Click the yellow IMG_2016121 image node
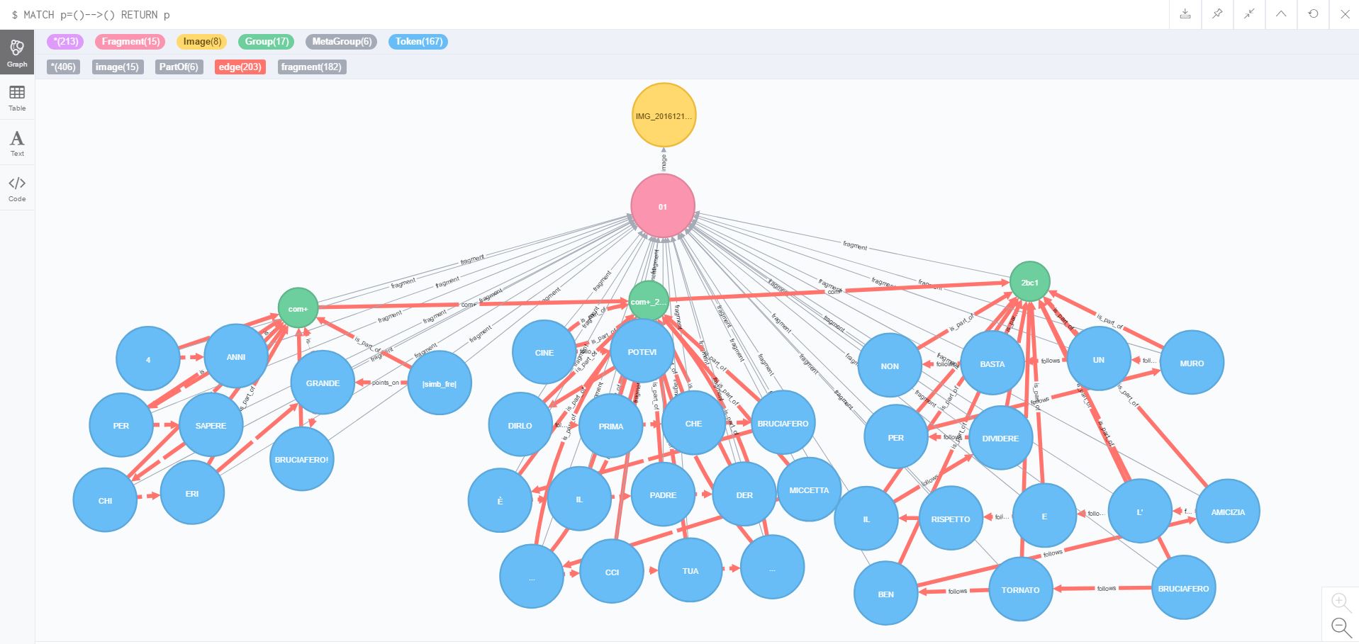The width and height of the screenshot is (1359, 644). point(664,115)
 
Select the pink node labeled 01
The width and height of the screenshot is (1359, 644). point(663,206)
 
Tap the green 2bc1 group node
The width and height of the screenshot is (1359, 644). point(1029,282)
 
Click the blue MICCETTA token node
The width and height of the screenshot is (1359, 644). point(809,490)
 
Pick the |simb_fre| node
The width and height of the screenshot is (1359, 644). point(440,383)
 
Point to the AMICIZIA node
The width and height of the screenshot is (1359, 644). point(1227,512)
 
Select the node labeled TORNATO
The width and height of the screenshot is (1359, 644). point(1020,589)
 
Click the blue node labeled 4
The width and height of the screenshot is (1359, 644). point(147,359)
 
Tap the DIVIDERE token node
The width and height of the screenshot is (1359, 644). point(1000,438)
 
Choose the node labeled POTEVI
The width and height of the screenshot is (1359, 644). point(642,352)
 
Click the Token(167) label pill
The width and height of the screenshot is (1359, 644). point(418,42)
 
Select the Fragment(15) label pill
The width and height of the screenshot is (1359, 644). point(130,42)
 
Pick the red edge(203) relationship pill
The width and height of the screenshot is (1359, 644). point(240,67)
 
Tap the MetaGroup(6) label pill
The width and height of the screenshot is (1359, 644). point(341,42)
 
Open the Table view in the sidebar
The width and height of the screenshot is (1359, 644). point(17,98)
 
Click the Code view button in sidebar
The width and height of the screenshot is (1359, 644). point(17,188)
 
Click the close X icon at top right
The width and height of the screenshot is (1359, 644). point(1344,14)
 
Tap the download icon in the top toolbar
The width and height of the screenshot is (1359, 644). point(1185,14)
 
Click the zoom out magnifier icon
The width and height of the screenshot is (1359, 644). point(1340,626)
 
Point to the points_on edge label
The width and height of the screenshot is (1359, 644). point(385,383)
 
